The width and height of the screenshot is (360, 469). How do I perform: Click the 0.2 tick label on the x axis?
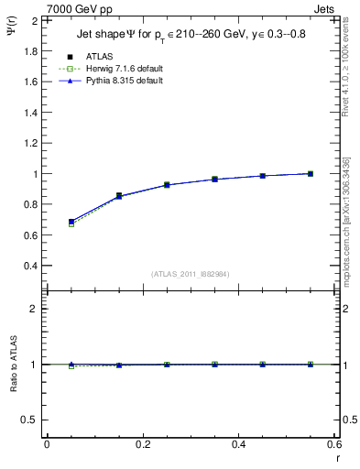[142, 444]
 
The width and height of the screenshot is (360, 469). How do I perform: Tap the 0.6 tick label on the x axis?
[333, 444]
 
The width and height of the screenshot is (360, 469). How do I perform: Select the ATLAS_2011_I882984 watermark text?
[191, 273]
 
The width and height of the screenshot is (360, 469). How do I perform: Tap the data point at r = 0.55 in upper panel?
[311, 173]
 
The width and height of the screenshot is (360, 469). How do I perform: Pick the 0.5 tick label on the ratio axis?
[31, 420]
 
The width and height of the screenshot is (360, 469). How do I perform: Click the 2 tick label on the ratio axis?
[35, 309]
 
